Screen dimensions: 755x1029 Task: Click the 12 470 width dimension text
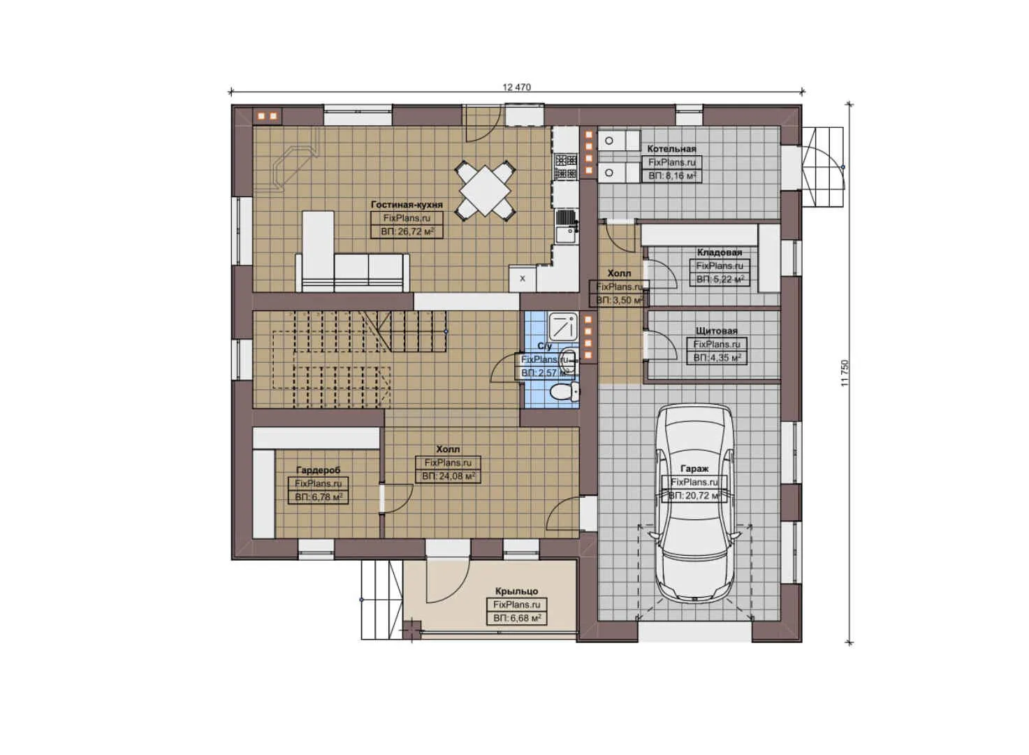[x=516, y=87]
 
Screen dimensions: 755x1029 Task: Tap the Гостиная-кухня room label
[x=407, y=205]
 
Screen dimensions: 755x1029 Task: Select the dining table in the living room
[x=486, y=189]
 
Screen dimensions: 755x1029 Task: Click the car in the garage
[x=696, y=503]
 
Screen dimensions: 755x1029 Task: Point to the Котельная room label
[x=671, y=149]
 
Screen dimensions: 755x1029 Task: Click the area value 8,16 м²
[x=671, y=176]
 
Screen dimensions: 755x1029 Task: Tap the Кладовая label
[x=720, y=252]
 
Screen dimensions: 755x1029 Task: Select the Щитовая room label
[x=716, y=331]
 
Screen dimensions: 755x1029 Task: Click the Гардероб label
[x=318, y=470]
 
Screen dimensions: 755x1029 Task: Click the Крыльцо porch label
[x=517, y=591]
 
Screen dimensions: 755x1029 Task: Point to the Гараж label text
[x=694, y=469]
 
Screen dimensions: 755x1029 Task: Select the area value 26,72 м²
[x=407, y=231]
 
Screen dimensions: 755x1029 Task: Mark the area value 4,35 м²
[x=717, y=358]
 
